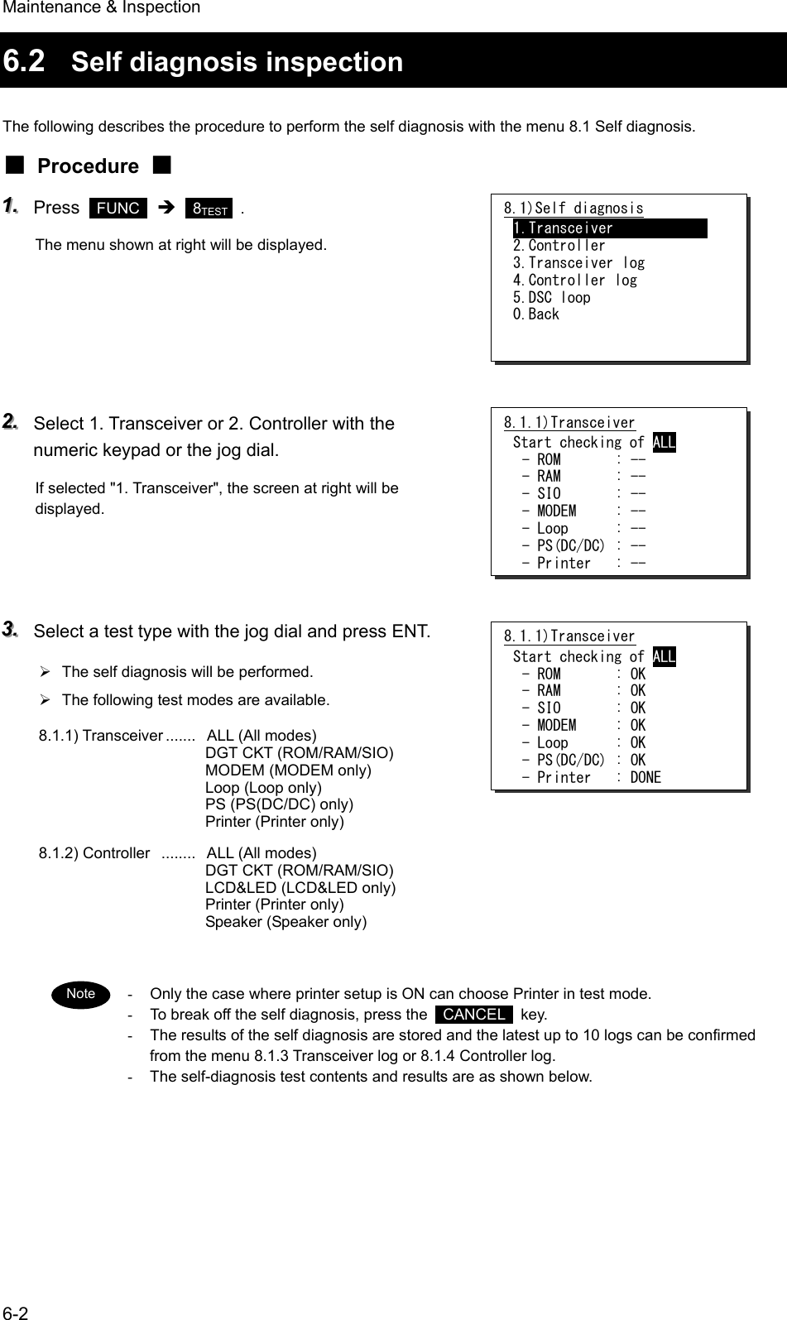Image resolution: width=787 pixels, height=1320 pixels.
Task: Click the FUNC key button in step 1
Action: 118,208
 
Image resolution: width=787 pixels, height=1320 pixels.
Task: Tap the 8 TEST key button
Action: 209,208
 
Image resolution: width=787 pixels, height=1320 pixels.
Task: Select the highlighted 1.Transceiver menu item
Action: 609,228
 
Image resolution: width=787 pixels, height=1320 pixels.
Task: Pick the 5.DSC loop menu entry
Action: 551,297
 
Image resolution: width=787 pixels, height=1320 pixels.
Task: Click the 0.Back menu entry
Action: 536,314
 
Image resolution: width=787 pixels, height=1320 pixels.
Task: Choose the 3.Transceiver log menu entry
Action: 578,262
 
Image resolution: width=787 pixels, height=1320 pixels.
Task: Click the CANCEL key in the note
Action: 474,1015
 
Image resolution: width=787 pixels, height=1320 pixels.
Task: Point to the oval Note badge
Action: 80,994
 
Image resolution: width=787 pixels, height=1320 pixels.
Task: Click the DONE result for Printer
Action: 645,777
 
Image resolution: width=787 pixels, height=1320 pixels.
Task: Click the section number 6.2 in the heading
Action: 25,60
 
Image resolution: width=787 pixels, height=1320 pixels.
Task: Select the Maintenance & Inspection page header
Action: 100,7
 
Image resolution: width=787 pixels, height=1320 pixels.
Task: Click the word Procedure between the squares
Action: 89,166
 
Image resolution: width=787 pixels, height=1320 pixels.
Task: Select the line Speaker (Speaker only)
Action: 286,922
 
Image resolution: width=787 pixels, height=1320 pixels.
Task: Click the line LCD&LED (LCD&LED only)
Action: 300,887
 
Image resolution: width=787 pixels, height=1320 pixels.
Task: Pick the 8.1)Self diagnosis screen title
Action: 573,208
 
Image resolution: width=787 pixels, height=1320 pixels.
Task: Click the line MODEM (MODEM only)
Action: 288,770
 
